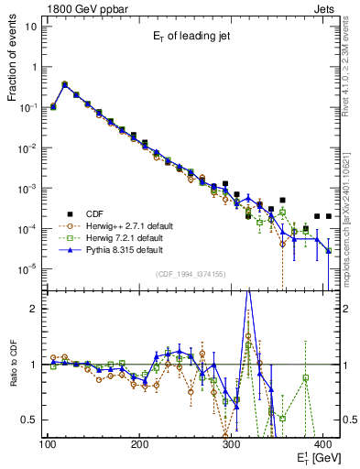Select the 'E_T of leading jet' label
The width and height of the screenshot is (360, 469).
pos(192,38)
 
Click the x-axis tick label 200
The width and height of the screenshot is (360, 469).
pos(139,444)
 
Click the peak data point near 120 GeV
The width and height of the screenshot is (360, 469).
pos(64,83)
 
